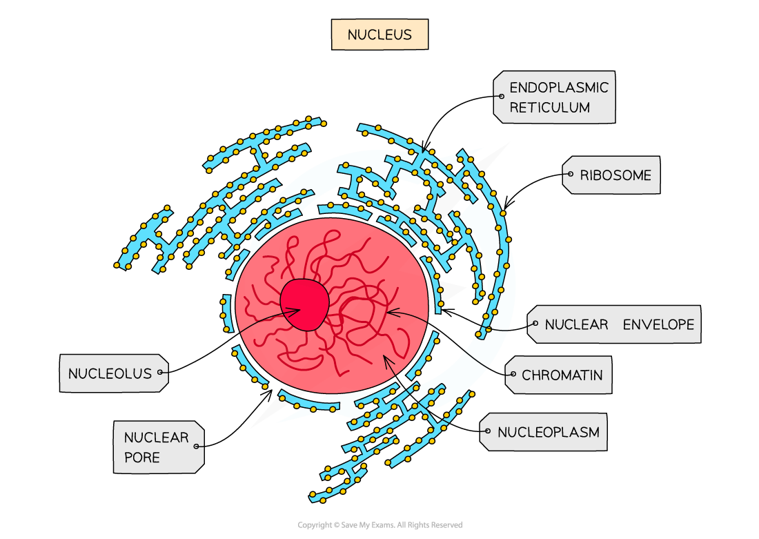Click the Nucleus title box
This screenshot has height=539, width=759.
coord(379,35)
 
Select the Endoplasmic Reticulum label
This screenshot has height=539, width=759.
coord(555,97)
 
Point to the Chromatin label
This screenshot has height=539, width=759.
coord(560,375)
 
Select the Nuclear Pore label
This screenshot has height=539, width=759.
coord(158,447)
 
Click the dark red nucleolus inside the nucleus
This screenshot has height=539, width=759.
coord(304,304)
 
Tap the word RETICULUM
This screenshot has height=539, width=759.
coord(549,108)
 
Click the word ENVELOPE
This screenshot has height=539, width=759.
coord(658,324)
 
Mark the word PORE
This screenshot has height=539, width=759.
coord(142,457)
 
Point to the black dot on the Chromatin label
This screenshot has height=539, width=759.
coord(513,375)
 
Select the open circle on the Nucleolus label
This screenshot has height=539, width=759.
coord(160,373)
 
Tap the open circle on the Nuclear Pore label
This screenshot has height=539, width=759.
coord(197,447)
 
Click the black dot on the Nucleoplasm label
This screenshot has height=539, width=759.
coord(488,433)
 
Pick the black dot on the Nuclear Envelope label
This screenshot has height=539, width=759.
coord(535,324)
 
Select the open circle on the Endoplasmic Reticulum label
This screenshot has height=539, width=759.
coord(501,97)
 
